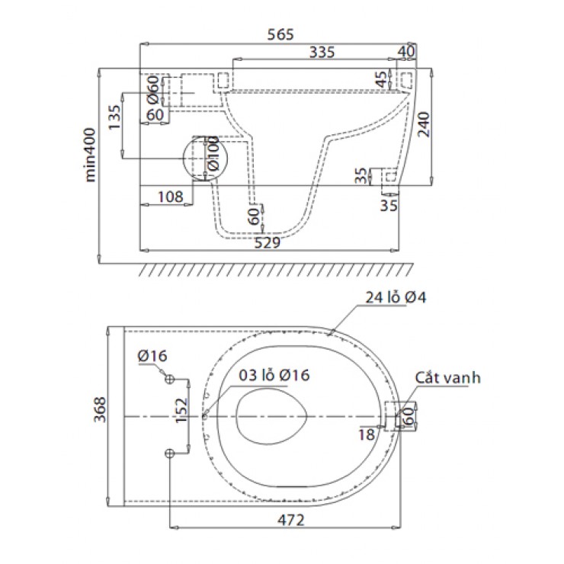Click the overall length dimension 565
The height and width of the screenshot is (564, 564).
click(x=280, y=34)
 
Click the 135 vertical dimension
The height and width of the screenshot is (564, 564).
click(x=115, y=118)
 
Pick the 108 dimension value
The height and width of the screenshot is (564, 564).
click(x=170, y=197)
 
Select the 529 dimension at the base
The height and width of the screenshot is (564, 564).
click(x=268, y=242)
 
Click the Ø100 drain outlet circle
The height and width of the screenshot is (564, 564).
click(x=207, y=158)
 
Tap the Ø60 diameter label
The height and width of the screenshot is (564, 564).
click(x=153, y=91)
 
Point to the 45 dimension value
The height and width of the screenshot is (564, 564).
click(x=381, y=79)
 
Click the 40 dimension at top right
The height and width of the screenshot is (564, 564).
click(x=406, y=52)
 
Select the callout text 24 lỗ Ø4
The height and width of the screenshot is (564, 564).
click(x=396, y=298)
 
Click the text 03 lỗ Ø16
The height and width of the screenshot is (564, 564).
click(x=274, y=375)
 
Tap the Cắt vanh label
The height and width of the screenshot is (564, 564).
click(x=448, y=377)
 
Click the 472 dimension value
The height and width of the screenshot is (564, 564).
click(x=289, y=520)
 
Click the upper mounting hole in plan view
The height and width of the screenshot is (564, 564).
click(x=169, y=380)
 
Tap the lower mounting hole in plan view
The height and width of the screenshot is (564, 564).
click(x=169, y=453)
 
